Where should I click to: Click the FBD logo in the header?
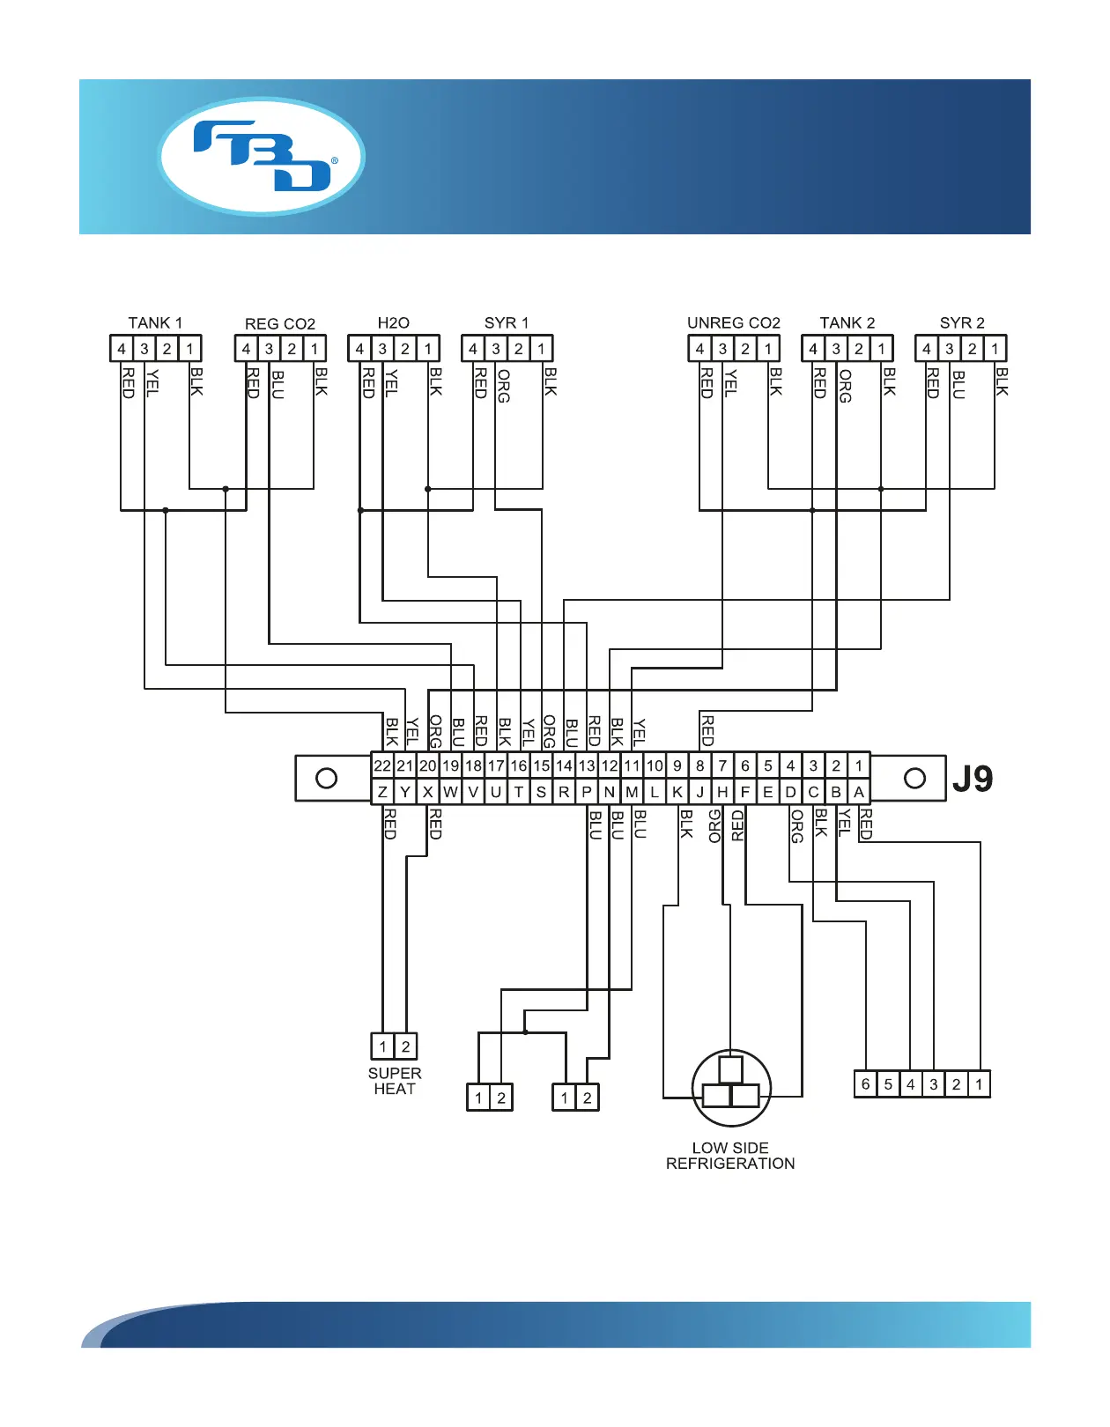tap(262, 157)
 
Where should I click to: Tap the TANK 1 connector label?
tap(155, 323)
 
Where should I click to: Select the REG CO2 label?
tap(280, 324)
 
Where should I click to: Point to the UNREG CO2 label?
tap(734, 323)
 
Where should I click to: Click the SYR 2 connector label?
tap(962, 323)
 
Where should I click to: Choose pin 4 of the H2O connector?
tap(359, 349)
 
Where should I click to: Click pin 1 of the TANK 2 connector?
tap(882, 349)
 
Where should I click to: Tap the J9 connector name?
tap(973, 779)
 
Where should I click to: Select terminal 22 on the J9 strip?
tap(382, 765)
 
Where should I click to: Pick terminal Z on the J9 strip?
tap(382, 792)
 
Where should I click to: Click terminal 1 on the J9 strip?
tap(859, 765)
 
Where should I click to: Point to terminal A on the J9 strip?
tap(859, 792)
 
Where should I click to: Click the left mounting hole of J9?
tap(327, 779)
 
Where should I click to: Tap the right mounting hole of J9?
tap(915, 779)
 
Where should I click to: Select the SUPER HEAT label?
tap(395, 1081)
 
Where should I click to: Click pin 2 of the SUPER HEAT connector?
tap(405, 1046)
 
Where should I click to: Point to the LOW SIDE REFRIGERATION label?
tap(730, 1156)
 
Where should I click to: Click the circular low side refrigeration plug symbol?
tap(731, 1088)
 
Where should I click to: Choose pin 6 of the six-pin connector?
tap(866, 1084)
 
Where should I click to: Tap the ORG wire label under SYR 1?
tap(504, 386)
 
